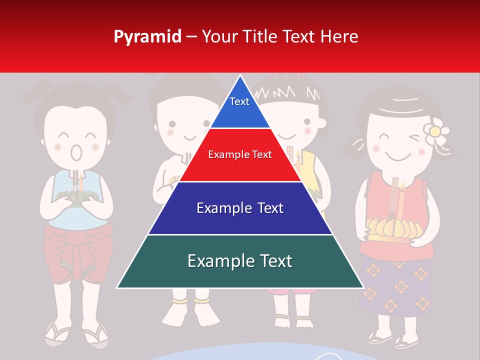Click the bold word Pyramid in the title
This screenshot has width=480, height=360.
147,36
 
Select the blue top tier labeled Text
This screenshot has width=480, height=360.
239,107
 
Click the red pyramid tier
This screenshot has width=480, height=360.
240,154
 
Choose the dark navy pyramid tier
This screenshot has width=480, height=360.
240,208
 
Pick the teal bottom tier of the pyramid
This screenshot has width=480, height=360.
240,261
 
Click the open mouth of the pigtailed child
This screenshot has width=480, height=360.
76,152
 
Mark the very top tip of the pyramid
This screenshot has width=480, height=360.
240,77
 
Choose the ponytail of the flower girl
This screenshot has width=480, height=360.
350,147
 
